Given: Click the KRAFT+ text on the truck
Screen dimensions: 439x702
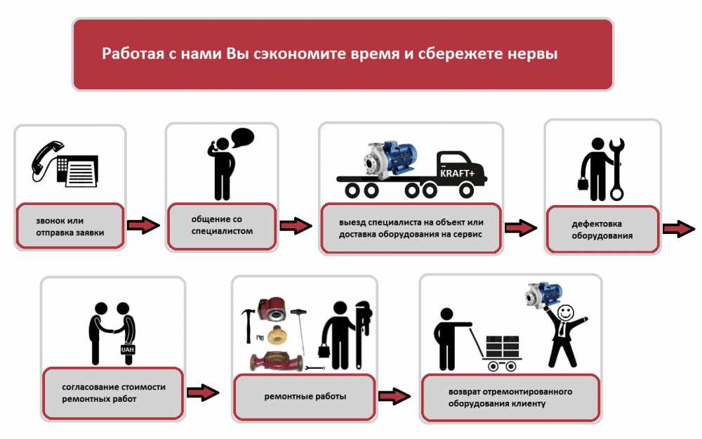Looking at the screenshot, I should (x=457, y=173).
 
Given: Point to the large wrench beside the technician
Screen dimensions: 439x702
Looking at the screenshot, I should (x=618, y=169).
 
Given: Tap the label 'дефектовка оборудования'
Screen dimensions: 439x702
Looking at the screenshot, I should (x=602, y=230).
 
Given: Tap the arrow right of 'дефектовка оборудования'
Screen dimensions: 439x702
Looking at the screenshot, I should (x=678, y=229).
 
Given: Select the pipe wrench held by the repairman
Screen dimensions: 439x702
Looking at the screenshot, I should (x=364, y=326).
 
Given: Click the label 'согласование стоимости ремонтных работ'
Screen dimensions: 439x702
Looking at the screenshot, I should (x=114, y=393).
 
